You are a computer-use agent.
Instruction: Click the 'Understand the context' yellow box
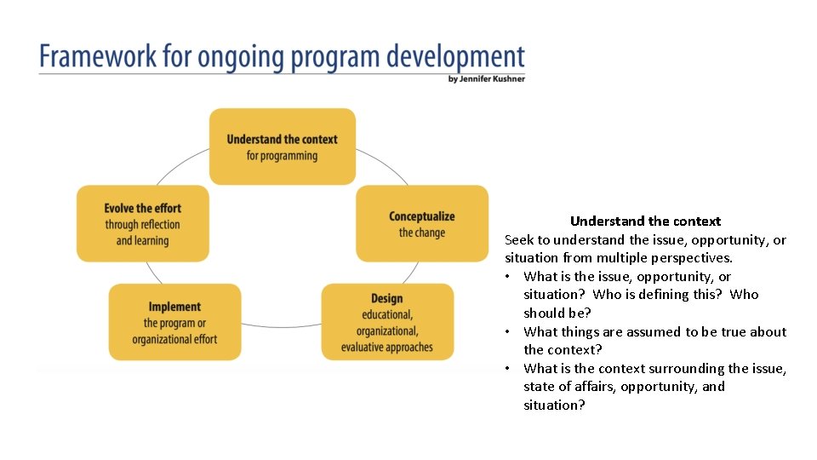(x=282, y=147)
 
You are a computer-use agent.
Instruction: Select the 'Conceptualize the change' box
(x=422, y=224)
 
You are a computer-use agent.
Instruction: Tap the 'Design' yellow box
(x=387, y=322)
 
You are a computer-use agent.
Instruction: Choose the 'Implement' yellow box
(x=174, y=322)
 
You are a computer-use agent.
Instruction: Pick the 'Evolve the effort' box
(x=142, y=224)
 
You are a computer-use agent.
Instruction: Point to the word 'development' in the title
(x=459, y=58)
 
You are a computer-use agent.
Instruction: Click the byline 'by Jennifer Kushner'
(x=486, y=79)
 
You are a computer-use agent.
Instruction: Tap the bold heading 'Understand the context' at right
(x=645, y=221)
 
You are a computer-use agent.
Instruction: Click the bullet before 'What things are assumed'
(x=507, y=332)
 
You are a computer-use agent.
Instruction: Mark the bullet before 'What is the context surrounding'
(x=507, y=369)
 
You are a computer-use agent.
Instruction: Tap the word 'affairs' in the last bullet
(x=595, y=387)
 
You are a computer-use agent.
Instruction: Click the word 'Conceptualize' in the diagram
(x=422, y=216)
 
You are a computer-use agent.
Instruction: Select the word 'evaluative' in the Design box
(x=368, y=348)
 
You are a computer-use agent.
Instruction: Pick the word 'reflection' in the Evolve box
(x=160, y=225)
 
